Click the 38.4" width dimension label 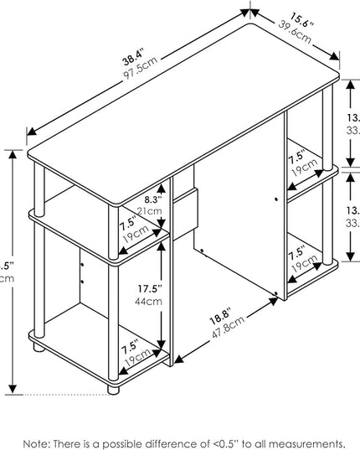[x=131, y=59]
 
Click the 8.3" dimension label [x=152, y=199]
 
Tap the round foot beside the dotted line [x=115, y=388]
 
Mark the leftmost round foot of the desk [x=37, y=344]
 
